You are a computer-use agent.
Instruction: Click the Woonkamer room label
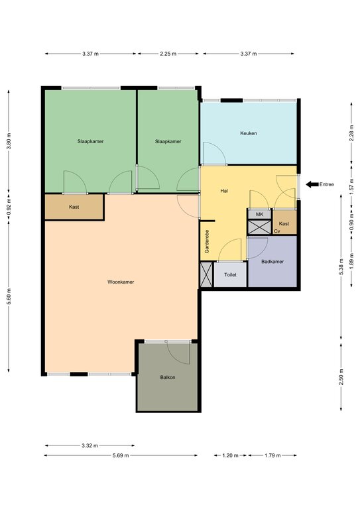(x=121, y=282)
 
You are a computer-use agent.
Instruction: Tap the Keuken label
(x=249, y=133)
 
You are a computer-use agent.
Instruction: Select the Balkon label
(x=168, y=377)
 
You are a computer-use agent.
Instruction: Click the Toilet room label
(x=230, y=274)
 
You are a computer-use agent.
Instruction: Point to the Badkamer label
(x=272, y=261)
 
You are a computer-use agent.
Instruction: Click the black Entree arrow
(x=312, y=184)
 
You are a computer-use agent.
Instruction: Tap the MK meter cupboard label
(x=259, y=214)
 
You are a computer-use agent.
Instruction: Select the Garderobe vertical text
(x=207, y=241)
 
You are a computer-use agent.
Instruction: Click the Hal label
(x=224, y=191)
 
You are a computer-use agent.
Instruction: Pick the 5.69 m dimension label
(x=121, y=455)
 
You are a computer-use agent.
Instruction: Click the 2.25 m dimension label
(x=168, y=54)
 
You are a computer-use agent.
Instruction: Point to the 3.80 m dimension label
(x=9, y=141)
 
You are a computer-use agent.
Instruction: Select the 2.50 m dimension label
(x=341, y=377)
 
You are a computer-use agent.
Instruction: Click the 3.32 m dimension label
(x=90, y=445)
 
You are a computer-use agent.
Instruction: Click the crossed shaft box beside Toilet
(x=206, y=274)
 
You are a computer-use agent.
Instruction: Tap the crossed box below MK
(x=259, y=227)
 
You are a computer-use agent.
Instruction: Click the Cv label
(x=277, y=231)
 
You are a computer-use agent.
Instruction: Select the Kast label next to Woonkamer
(x=74, y=207)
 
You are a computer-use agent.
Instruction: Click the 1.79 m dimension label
(x=272, y=455)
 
